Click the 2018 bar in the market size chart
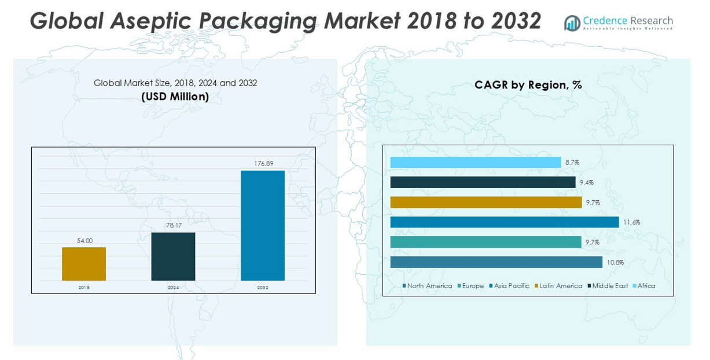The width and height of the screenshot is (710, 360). (84, 264)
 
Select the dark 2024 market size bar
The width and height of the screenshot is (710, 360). (173, 256)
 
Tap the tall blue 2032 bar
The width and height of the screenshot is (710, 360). (262, 226)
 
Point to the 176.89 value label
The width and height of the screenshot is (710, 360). (263, 164)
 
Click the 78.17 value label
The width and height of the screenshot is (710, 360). (173, 225)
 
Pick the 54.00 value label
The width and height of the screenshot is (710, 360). (84, 240)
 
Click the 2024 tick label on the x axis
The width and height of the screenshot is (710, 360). (173, 287)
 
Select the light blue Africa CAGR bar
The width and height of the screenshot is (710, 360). (476, 163)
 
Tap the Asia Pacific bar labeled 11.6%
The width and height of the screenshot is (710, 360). (505, 222)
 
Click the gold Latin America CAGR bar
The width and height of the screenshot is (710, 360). (486, 203)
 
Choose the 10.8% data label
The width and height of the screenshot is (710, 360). (615, 263)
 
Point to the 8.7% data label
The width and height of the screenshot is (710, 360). (572, 163)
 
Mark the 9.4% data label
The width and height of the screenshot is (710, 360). (586, 183)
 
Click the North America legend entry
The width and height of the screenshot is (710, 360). (427, 286)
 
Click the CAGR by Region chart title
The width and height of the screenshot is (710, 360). (528, 85)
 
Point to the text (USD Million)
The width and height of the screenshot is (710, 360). (175, 97)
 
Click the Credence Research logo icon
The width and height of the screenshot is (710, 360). (572, 23)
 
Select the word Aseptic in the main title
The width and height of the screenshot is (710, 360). (154, 21)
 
